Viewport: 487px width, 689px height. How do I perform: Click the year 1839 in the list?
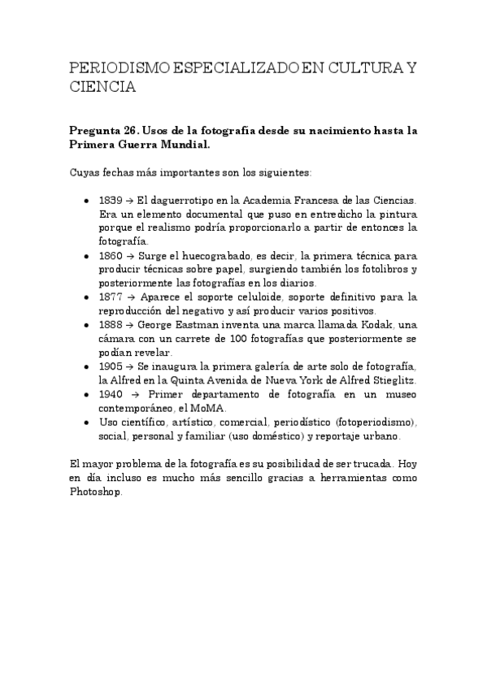tap(111, 199)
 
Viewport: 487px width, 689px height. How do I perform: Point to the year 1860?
tap(111, 255)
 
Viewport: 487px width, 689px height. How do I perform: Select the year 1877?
tap(111, 297)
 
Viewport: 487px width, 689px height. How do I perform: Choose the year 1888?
tap(111, 325)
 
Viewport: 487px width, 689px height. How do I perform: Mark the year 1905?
tap(111, 366)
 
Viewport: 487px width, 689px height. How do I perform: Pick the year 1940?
tap(111, 394)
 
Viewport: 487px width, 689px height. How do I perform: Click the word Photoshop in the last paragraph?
tap(96, 492)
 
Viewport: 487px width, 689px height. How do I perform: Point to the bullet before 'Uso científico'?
tap(87, 422)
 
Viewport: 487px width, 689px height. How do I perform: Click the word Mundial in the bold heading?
tap(180, 145)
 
